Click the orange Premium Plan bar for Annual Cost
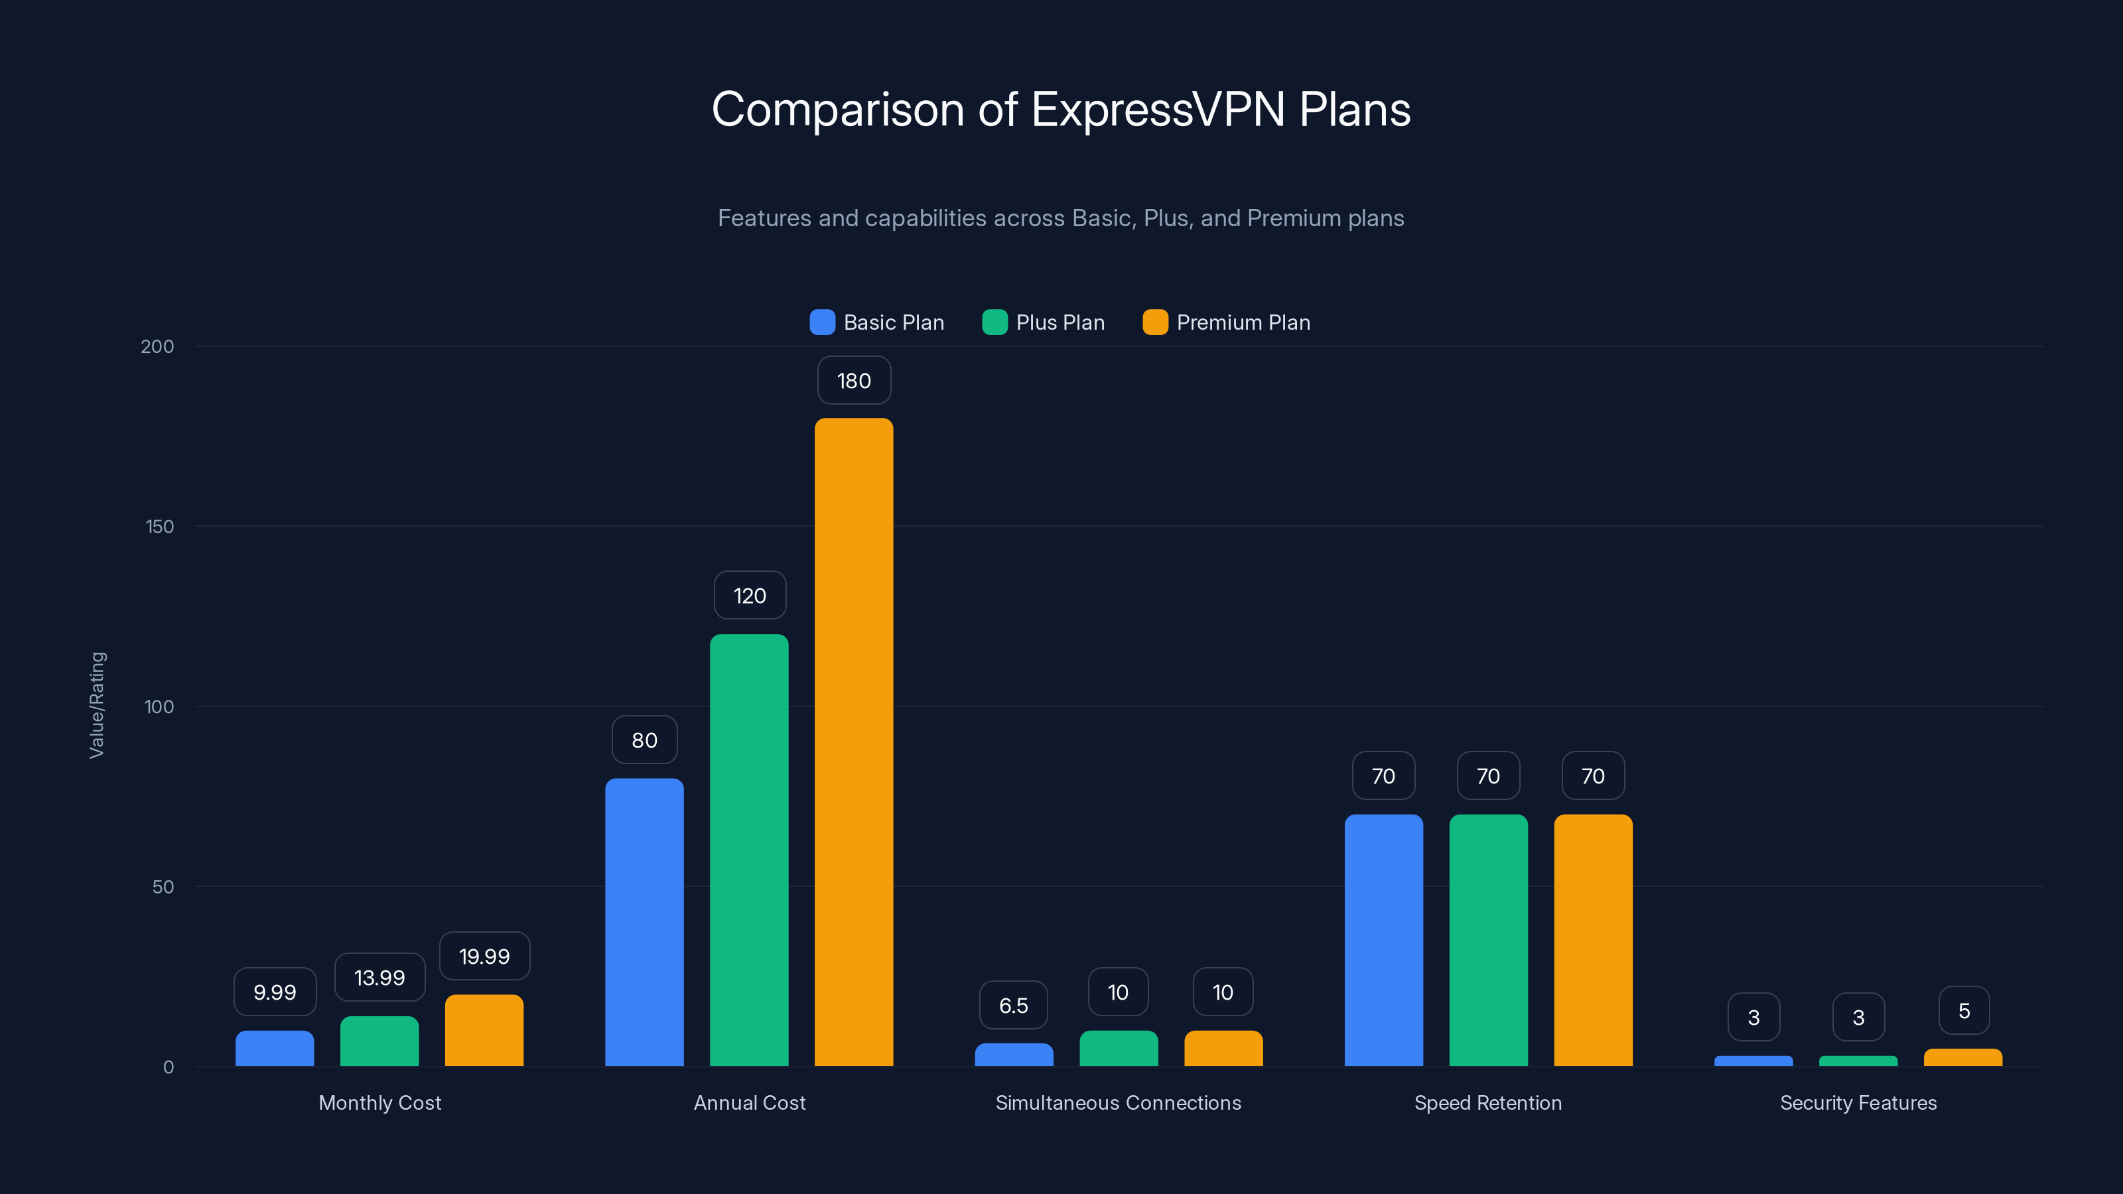(x=854, y=742)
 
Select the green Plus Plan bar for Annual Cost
(x=749, y=850)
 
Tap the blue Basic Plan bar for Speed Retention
(x=1384, y=939)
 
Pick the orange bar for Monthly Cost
(x=484, y=1030)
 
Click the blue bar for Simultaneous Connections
(x=1014, y=1055)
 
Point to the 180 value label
(x=854, y=381)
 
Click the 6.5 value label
(x=1013, y=1006)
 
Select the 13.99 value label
(x=379, y=978)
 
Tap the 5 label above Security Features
(x=1964, y=1011)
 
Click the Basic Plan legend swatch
(x=822, y=322)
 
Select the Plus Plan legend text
(x=1060, y=322)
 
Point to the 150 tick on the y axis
(x=160, y=527)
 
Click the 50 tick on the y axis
(x=163, y=887)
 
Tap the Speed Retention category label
(x=1487, y=1102)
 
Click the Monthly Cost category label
(x=380, y=1102)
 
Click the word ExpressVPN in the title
(x=1158, y=109)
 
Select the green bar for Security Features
(x=1858, y=1061)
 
